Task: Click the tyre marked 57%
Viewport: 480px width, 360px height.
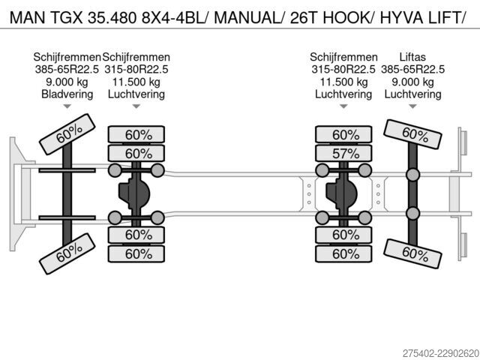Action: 343,153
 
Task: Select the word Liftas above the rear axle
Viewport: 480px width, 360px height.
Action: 412,57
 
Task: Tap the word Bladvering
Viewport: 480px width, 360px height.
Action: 67,94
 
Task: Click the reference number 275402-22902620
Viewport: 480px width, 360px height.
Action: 441,353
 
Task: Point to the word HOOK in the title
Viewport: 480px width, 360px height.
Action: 346,17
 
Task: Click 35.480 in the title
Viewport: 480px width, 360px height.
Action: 112,17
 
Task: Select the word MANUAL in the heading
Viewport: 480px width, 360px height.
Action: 247,17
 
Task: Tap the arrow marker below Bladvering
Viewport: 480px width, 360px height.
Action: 67,106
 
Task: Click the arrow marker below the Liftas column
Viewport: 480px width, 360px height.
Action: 412,106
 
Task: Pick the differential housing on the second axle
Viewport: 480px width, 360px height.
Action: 134,193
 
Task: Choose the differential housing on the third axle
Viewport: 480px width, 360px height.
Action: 341,193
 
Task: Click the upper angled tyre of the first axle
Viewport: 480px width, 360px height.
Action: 67,134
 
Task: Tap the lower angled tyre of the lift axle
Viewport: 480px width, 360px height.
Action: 412,254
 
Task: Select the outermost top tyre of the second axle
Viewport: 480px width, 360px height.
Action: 136,134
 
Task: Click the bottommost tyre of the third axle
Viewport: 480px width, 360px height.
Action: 343,253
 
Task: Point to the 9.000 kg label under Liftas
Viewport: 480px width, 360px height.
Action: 412,82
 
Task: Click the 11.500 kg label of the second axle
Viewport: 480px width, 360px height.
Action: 136,82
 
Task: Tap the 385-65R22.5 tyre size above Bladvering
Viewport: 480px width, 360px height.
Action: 67,70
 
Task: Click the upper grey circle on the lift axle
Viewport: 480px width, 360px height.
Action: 412,175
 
